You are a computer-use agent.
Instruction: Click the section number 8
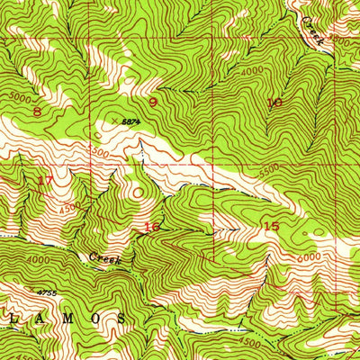pyautogui.click(x=37, y=111)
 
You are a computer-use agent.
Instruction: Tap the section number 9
pyautogui.click(x=153, y=102)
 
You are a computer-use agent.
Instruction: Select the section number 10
pyautogui.click(x=274, y=103)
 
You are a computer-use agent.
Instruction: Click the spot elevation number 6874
pyautogui.click(x=132, y=118)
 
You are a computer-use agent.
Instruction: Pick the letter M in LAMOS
pyautogui.click(x=50, y=318)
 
